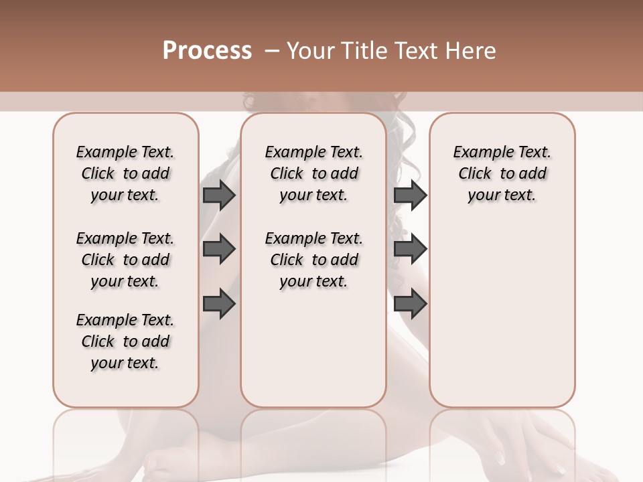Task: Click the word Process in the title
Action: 207,51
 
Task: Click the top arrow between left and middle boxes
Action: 219,195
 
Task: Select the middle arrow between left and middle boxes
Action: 219,249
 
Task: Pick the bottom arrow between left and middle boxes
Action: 219,304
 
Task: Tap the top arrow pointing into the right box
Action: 410,195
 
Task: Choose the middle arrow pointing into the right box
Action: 410,249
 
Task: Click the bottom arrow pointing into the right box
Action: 410,304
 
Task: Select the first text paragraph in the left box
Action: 125,173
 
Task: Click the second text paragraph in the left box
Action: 125,260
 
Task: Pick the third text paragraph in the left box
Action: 125,341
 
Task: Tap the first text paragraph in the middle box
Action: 313,173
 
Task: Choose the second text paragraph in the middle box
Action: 313,260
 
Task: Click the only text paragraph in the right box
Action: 502,173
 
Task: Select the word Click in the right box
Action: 475,174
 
